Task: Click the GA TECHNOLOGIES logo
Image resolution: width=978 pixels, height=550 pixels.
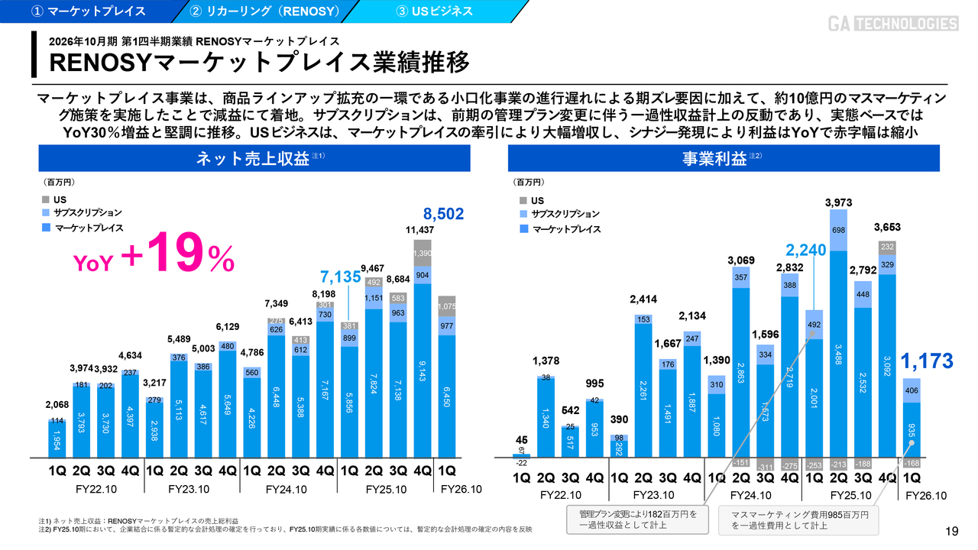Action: [x=892, y=24]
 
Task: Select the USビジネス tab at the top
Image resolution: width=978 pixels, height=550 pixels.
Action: [x=435, y=11]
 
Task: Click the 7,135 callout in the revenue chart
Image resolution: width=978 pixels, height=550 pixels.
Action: [x=339, y=277]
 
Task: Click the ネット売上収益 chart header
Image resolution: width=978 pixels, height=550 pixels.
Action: [x=254, y=159]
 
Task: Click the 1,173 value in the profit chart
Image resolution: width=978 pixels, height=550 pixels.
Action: [x=926, y=361]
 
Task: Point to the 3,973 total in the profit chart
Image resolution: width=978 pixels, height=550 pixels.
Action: [x=838, y=202]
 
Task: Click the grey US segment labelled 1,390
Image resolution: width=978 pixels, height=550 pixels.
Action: [x=423, y=253]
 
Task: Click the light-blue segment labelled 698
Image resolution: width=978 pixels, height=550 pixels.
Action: [x=838, y=230]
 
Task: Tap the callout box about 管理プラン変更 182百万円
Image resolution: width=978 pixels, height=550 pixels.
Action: [x=638, y=520]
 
